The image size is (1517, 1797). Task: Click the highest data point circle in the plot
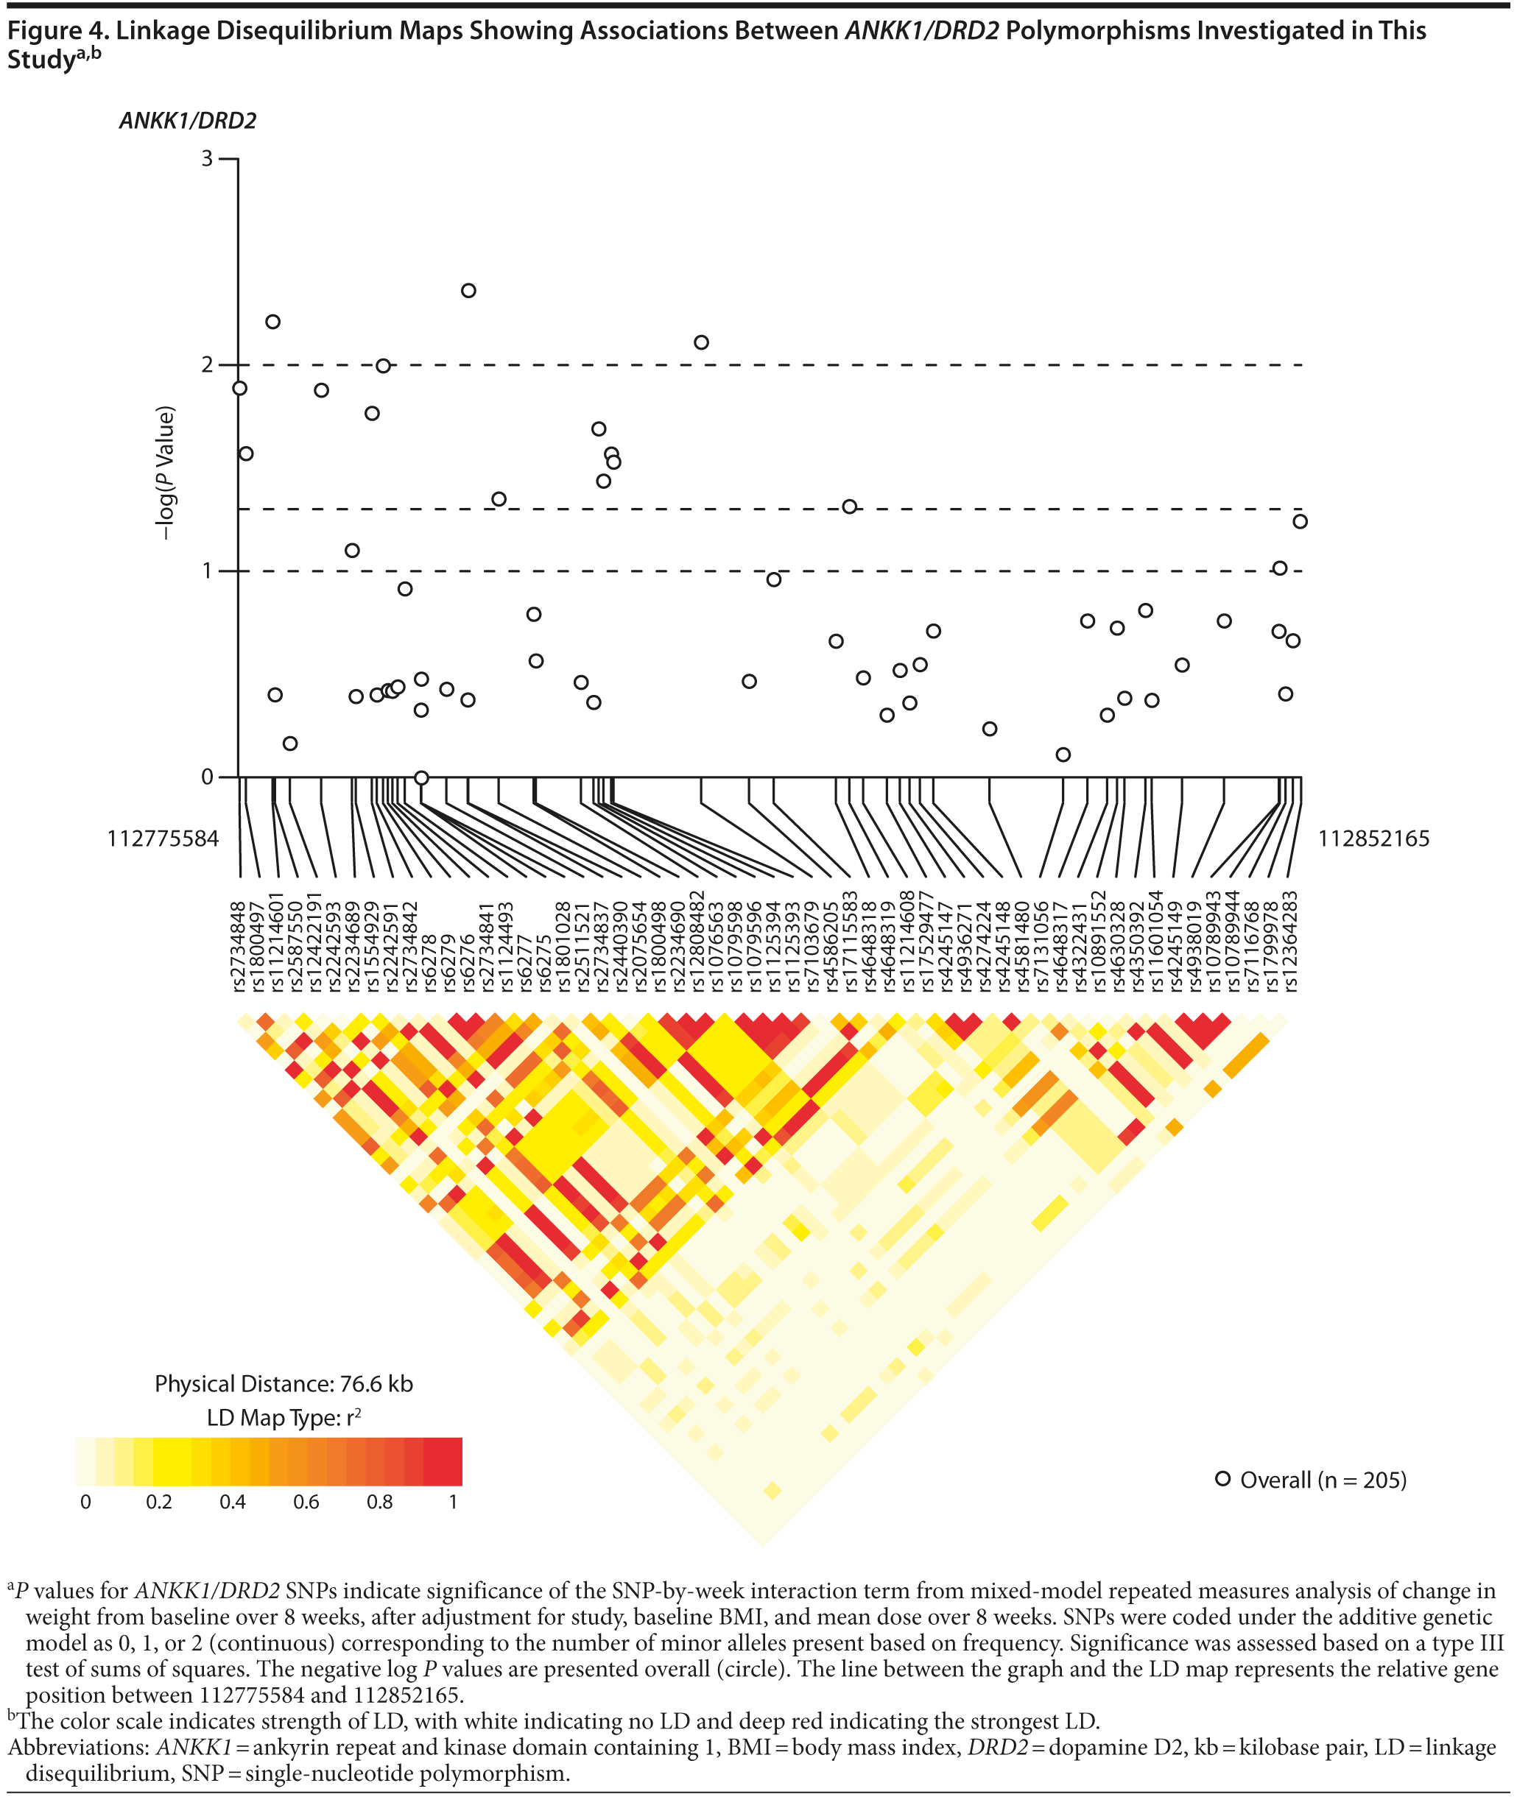(468, 291)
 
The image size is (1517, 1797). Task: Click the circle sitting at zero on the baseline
(421, 777)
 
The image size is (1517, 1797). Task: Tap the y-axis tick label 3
(207, 159)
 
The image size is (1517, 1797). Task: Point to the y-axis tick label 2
(207, 365)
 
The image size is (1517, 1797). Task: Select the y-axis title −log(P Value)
(165, 473)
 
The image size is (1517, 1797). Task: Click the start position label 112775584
(163, 839)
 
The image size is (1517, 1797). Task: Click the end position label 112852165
(1373, 839)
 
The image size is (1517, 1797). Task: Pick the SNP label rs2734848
(239, 947)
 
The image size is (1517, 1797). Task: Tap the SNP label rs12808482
(697, 942)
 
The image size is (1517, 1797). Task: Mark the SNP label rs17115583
(851, 942)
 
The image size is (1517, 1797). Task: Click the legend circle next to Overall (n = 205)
(1222, 1479)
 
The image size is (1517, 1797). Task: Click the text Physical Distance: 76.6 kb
(284, 1384)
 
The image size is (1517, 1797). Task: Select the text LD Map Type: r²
(284, 1418)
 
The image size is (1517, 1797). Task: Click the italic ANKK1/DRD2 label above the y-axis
(188, 121)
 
